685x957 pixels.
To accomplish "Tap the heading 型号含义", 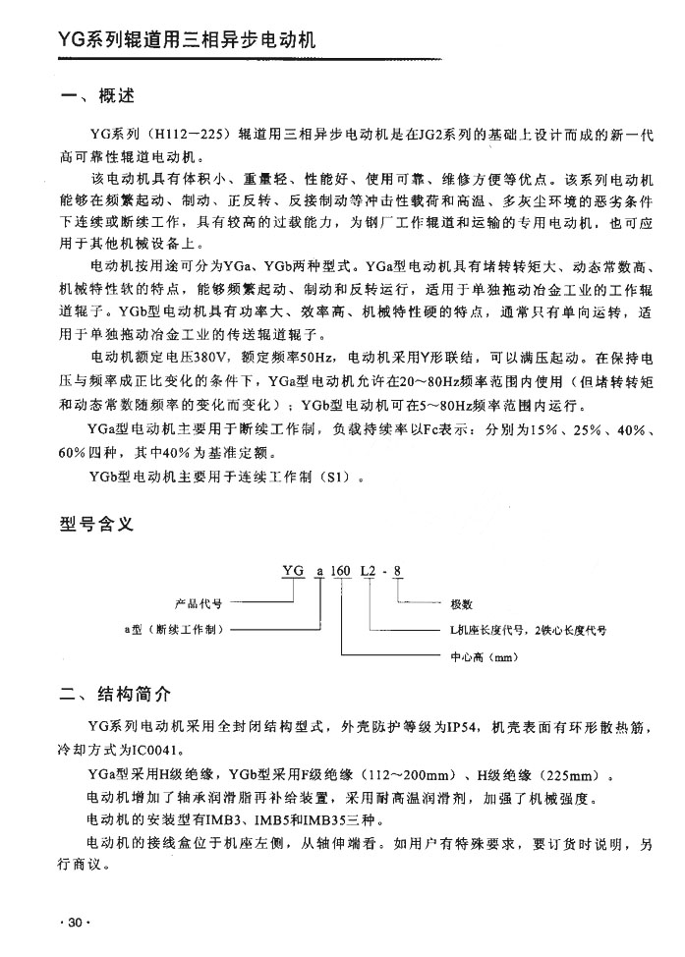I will point(95,526).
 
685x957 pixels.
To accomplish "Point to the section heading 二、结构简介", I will point(115,695).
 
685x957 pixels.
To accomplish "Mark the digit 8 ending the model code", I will point(397,571).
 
